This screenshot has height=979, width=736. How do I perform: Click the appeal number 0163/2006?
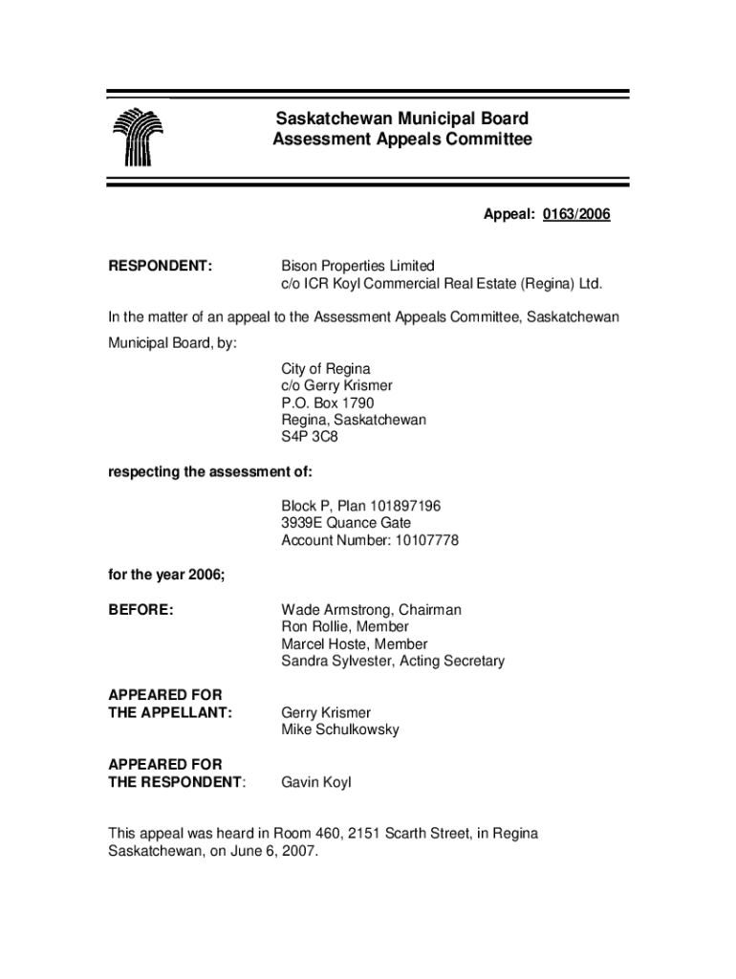pos(576,215)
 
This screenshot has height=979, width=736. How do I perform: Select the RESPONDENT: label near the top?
pos(160,266)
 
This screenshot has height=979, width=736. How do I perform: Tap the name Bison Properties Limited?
pos(357,266)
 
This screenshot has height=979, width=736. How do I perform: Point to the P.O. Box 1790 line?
pos(327,403)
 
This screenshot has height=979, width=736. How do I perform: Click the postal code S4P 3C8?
pos(310,438)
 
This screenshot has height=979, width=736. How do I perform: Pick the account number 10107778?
pos(416,540)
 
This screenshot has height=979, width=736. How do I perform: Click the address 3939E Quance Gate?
pos(346,523)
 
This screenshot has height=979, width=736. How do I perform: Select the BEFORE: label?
pos(141,610)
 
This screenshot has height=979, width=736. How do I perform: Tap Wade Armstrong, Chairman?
pos(371,610)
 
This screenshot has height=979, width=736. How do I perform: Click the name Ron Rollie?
pos(317,627)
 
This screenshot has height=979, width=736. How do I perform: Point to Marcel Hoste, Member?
pos(354,644)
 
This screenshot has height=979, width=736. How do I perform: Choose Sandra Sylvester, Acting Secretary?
pos(392,662)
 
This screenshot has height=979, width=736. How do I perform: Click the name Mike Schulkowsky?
pos(340,730)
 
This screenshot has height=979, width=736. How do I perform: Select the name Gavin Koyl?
pos(316,783)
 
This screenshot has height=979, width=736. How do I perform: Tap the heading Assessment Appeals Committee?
pos(401,140)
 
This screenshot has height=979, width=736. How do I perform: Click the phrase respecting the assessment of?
pos(210,472)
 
